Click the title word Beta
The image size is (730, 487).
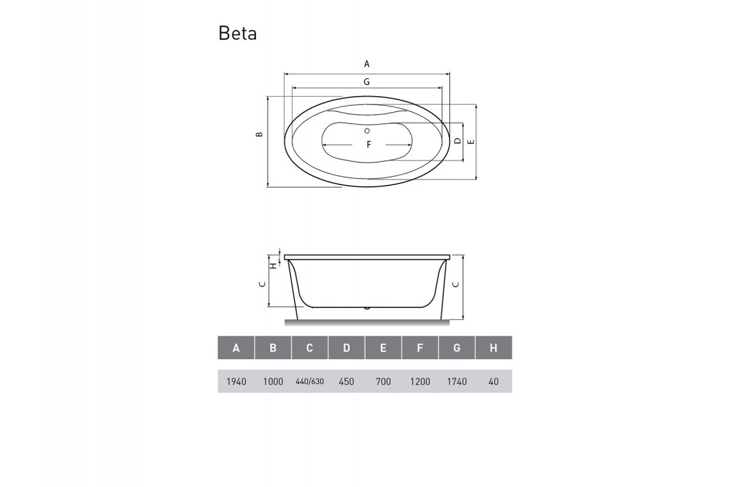pyautogui.click(x=237, y=33)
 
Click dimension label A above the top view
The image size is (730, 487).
pyautogui.click(x=367, y=63)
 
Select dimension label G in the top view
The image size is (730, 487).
pyautogui.click(x=367, y=82)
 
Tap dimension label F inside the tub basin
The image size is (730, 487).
pyautogui.click(x=368, y=145)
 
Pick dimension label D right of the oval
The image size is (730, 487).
pyautogui.click(x=457, y=141)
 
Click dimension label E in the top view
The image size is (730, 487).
pyautogui.click(x=470, y=141)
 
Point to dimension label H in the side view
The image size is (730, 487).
pyautogui.click(x=274, y=265)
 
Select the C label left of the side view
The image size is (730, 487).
pyautogui.click(x=261, y=284)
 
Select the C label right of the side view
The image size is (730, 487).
pyautogui.click(x=456, y=284)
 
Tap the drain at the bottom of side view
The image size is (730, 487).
pyautogui.click(x=367, y=307)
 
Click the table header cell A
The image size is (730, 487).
pyautogui.click(x=236, y=348)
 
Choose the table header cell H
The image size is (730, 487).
pyautogui.click(x=493, y=348)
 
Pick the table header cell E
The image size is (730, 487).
pyautogui.click(x=383, y=348)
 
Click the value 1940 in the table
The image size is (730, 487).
pyautogui.click(x=236, y=382)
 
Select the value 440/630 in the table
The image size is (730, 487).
pyautogui.click(x=310, y=382)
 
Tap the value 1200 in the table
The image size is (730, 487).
pyautogui.click(x=420, y=382)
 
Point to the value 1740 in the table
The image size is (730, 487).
pyautogui.click(x=456, y=382)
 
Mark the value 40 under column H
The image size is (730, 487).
pyautogui.click(x=493, y=382)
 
